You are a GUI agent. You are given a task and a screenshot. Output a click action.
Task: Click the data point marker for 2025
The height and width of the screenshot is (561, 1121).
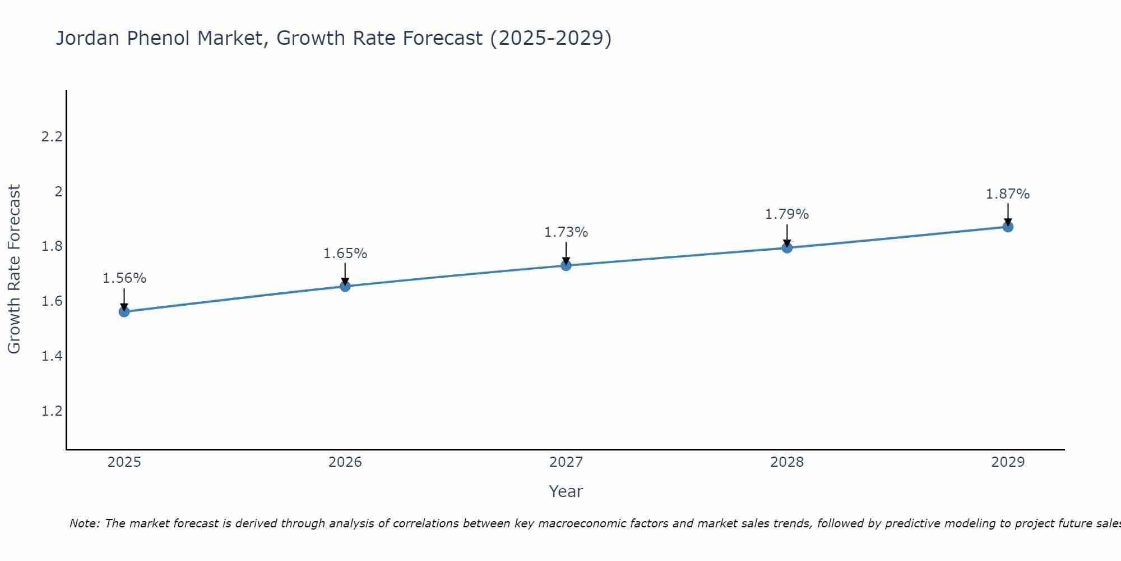click(124, 311)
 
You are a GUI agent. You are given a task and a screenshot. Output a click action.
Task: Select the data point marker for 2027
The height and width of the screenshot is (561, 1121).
click(566, 265)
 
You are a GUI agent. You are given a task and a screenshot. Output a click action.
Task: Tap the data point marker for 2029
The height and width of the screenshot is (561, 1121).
click(1008, 227)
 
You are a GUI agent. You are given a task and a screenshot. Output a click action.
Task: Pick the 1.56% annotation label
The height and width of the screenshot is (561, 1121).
click(124, 278)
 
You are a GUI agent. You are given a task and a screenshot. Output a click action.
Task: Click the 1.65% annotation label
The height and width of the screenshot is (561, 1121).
click(345, 254)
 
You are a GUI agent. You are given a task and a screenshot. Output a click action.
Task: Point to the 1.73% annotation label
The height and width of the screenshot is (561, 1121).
click(566, 232)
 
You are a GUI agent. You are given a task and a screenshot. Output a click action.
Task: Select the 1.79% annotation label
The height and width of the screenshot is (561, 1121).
click(787, 214)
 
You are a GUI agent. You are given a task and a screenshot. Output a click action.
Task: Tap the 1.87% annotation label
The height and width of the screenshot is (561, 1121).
click(1008, 194)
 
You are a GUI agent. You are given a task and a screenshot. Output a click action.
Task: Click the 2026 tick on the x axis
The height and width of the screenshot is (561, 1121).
click(345, 462)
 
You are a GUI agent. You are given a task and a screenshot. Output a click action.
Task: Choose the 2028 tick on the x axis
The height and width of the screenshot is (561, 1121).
click(787, 462)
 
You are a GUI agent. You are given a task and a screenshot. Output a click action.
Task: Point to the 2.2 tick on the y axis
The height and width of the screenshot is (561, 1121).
click(52, 137)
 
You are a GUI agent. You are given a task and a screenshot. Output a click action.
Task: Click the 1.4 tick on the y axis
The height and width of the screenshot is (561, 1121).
click(52, 356)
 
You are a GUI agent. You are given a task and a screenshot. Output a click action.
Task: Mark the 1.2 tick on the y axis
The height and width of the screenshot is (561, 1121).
click(52, 411)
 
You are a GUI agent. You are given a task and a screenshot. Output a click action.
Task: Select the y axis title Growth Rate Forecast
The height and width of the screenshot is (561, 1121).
click(15, 269)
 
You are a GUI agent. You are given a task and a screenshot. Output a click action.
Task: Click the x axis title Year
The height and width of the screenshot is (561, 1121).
click(566, 491)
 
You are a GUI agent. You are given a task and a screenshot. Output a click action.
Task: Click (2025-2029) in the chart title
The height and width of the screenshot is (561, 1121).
click(550, 38)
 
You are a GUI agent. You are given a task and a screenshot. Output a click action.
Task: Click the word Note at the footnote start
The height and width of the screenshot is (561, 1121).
click(84, 524)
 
